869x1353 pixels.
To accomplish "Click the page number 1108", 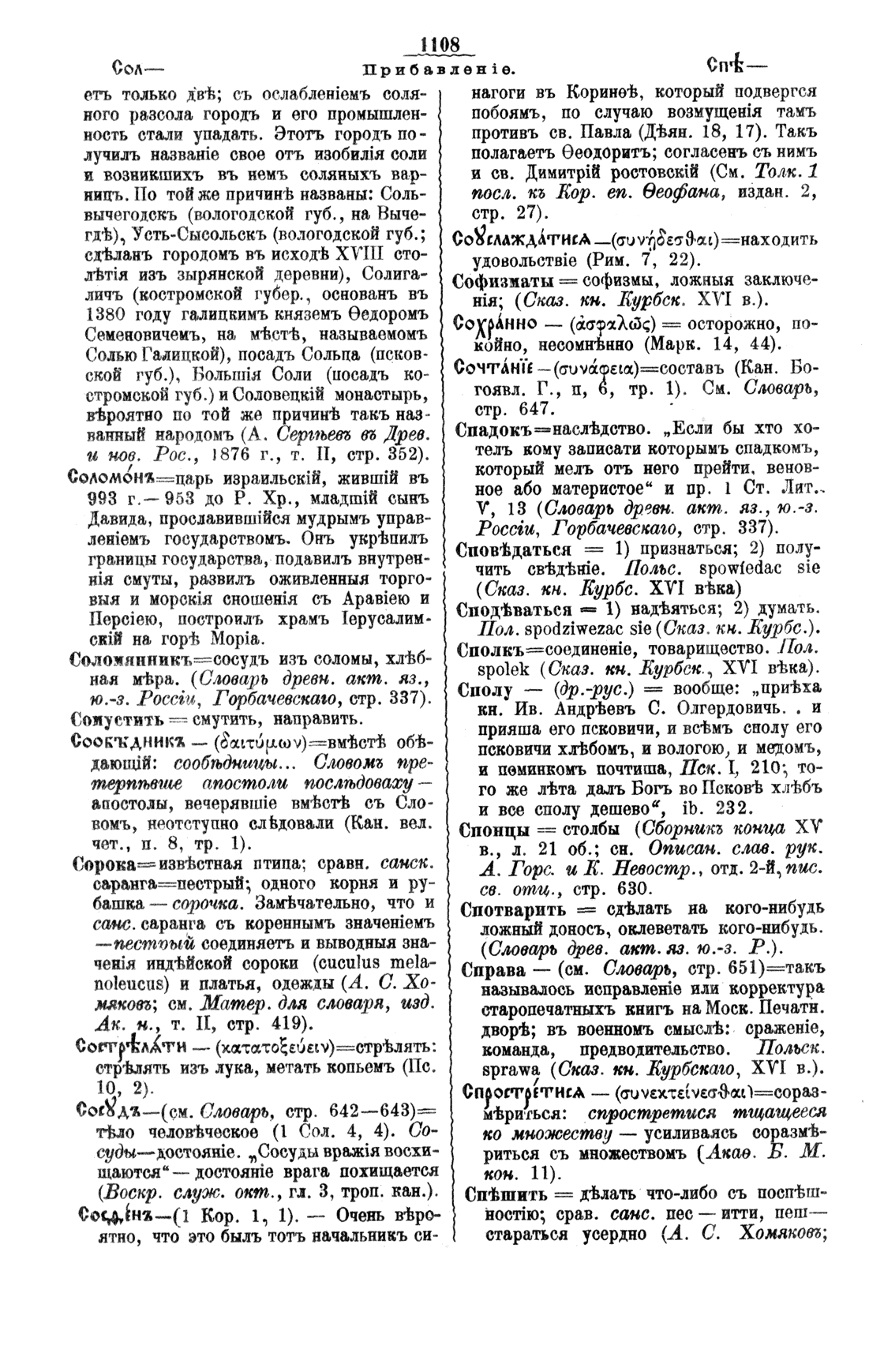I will (439, 45).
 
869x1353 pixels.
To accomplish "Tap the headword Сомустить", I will (117, 718).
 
